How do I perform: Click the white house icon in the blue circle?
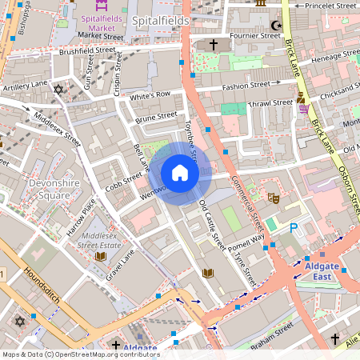(x=180, y=173)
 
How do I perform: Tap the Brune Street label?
(x=156, y=118)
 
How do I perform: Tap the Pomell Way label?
(x=247, y=239)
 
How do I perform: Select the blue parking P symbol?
(x=294, y=228)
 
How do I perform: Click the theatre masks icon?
(x=272, y=197)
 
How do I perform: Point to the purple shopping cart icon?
(x=304, y=109)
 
